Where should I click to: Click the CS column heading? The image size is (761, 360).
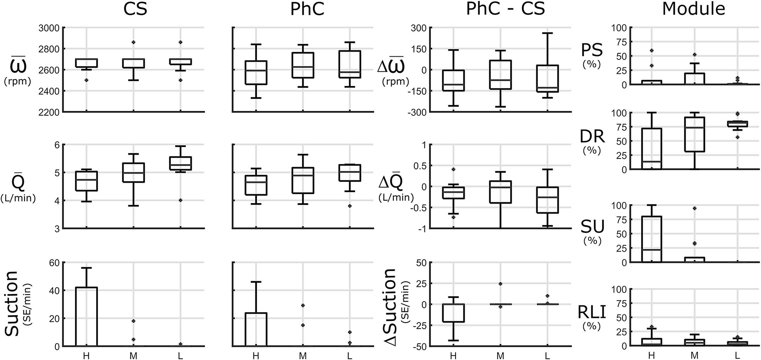pyautogui.click(x=135, y=9)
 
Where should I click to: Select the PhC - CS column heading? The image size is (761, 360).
pyautogui.click(x=505, y=9)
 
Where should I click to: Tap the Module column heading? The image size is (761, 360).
pyautogui.click(x=693, y=9)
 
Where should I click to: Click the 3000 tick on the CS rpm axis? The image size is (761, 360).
pyautogui.click(x=49, y=28)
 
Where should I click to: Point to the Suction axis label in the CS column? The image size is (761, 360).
pyautogui.click(x=16, y=303)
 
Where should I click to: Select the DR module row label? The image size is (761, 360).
pyautogui.click(x=592, y=137)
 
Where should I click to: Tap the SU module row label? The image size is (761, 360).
pyautogui.click(x=592, y=226)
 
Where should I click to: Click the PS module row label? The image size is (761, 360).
pyautogui.click(x=592, y=50)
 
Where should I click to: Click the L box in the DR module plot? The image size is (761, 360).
pyautogui.click(x=737, y=124)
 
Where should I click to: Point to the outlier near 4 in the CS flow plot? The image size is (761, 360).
pyautogui.click(x=180, y=200)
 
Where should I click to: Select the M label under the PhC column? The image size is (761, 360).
pyautogui.click(x=302, y=356)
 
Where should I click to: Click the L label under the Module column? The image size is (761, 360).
pyautogui.click(x=737, y=356)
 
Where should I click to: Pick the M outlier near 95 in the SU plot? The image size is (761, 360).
pyautogui.click(x=694, y=208)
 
